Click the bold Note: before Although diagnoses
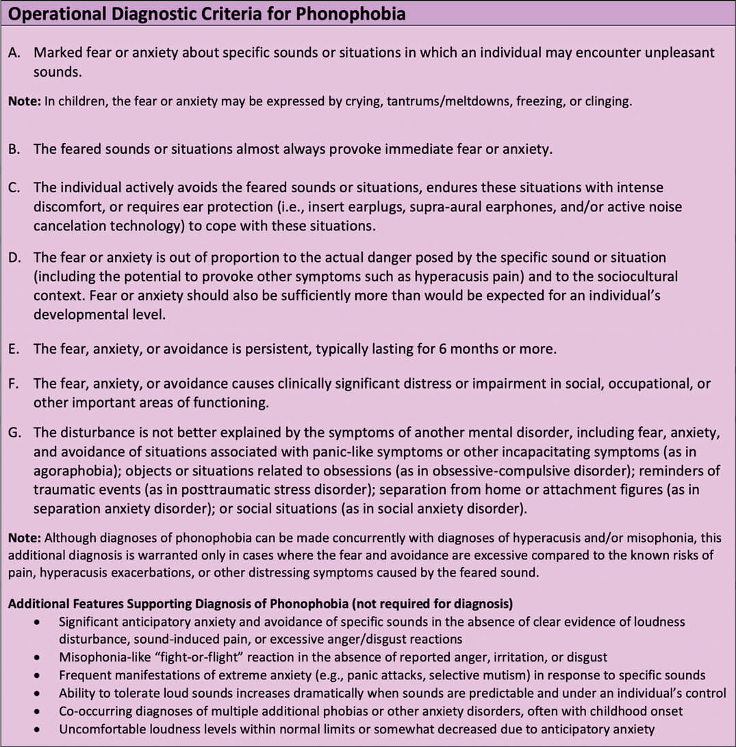(24, 538)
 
